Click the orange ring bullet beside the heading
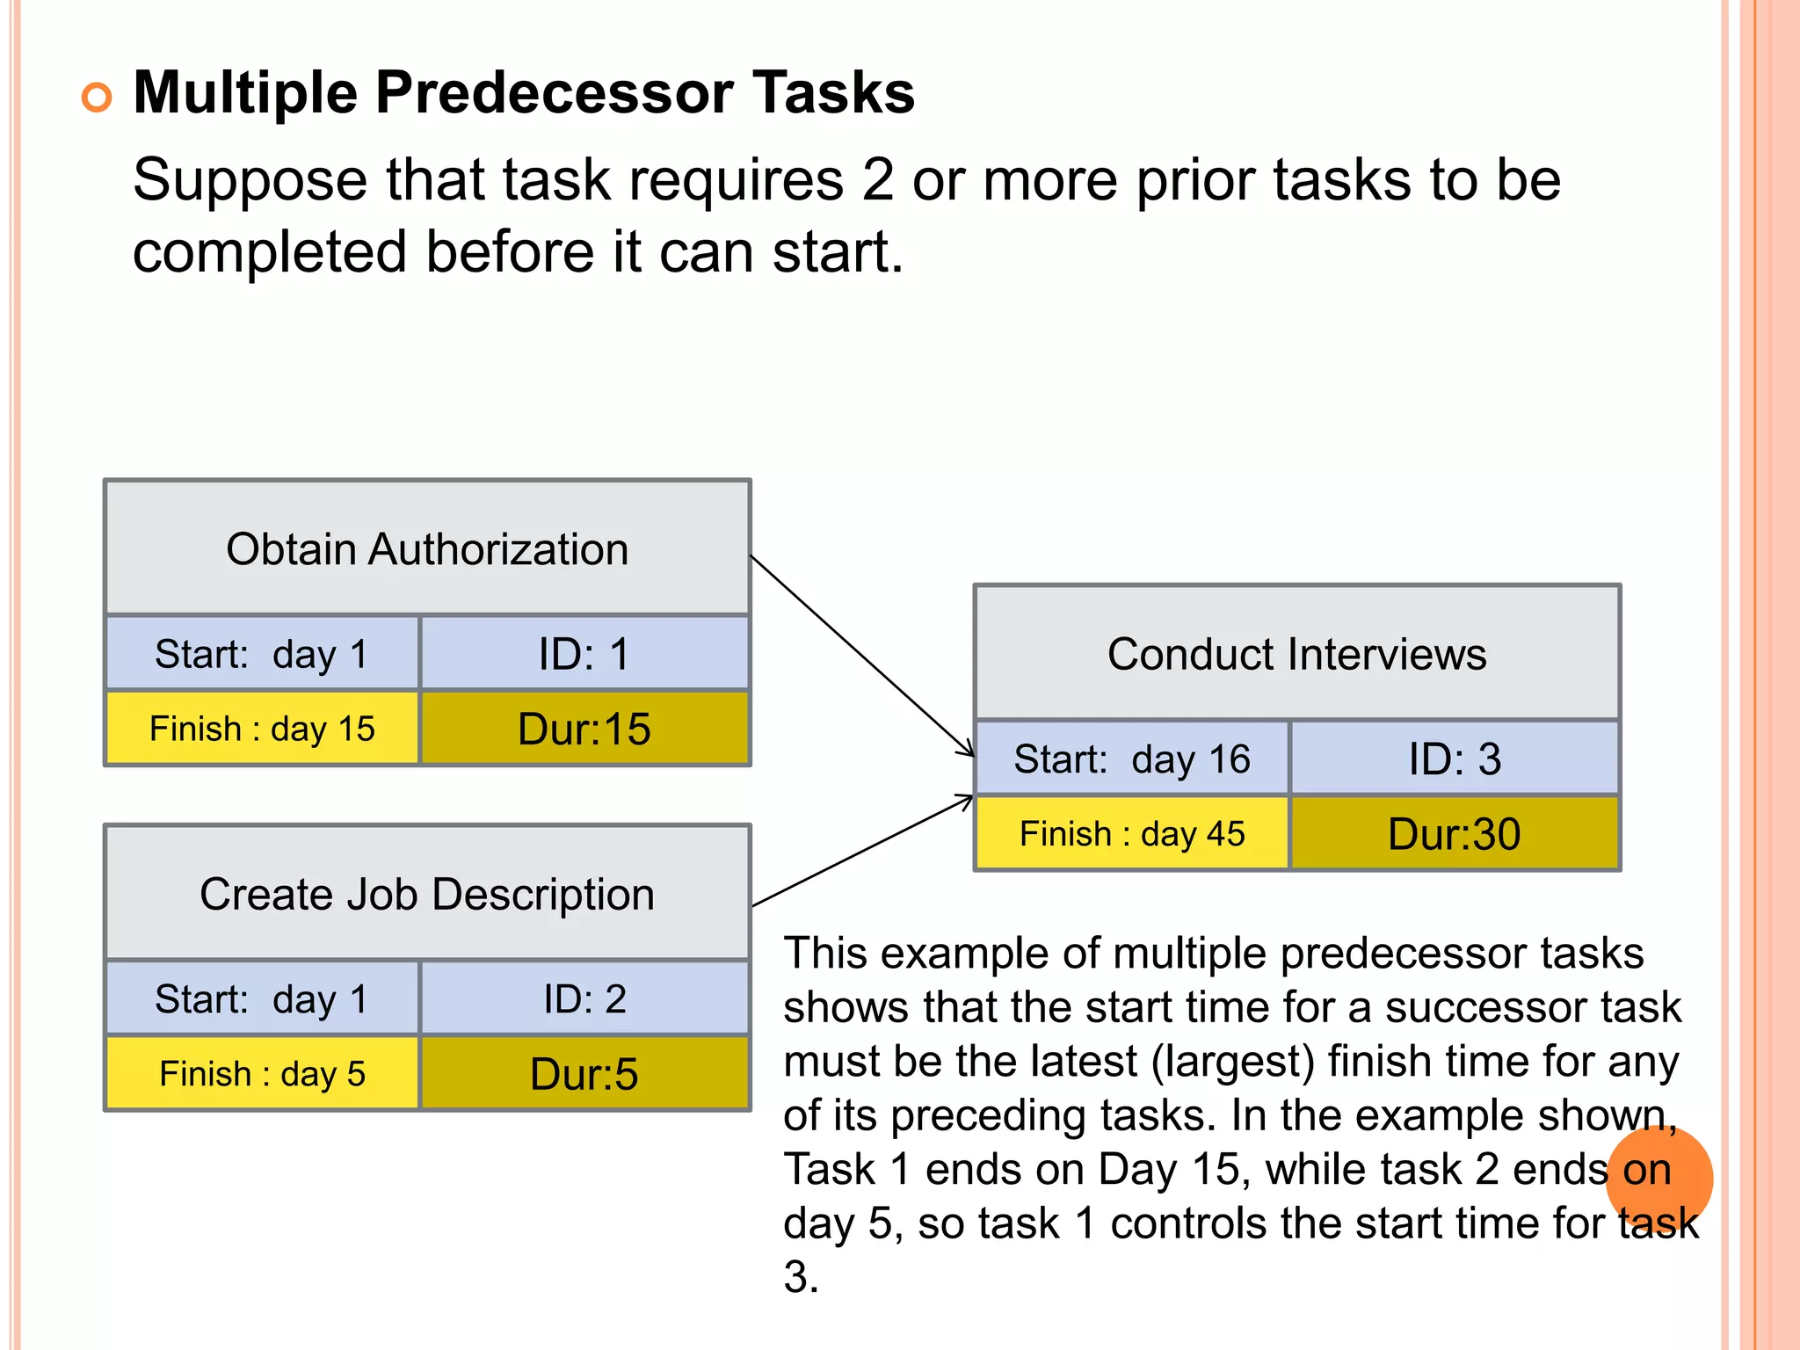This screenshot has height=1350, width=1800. click(x=97, y=97)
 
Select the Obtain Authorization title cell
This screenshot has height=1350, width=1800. click(x=427, y=548)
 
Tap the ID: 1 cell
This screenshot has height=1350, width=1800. click(x=584, y=654)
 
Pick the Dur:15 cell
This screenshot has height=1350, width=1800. click(x=584, y=729)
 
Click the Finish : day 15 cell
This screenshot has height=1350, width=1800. click(x=262, y=729)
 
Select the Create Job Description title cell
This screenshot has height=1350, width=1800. click(x=427, y=894)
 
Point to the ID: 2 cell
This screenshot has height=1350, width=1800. click(x=584, y=999)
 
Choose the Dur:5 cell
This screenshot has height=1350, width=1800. click(x=584, y=1074)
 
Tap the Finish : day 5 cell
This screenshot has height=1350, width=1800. click(x=262, y=1074)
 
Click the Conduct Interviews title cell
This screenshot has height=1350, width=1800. click(x=1296, y=654)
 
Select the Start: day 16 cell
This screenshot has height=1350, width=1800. click(x=1131, y=759)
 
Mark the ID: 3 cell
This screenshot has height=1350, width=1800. click(x=1455, y=759)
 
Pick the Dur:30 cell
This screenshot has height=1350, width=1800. click(x=1455, y=834)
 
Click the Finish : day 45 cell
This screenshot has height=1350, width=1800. click(x=1131, y=834)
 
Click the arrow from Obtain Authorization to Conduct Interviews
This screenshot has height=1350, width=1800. click(x=861, y=655)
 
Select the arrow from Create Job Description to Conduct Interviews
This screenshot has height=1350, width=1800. click(x=861, y=851)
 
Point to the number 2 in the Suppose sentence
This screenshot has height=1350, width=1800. click(x=877, y=180)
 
